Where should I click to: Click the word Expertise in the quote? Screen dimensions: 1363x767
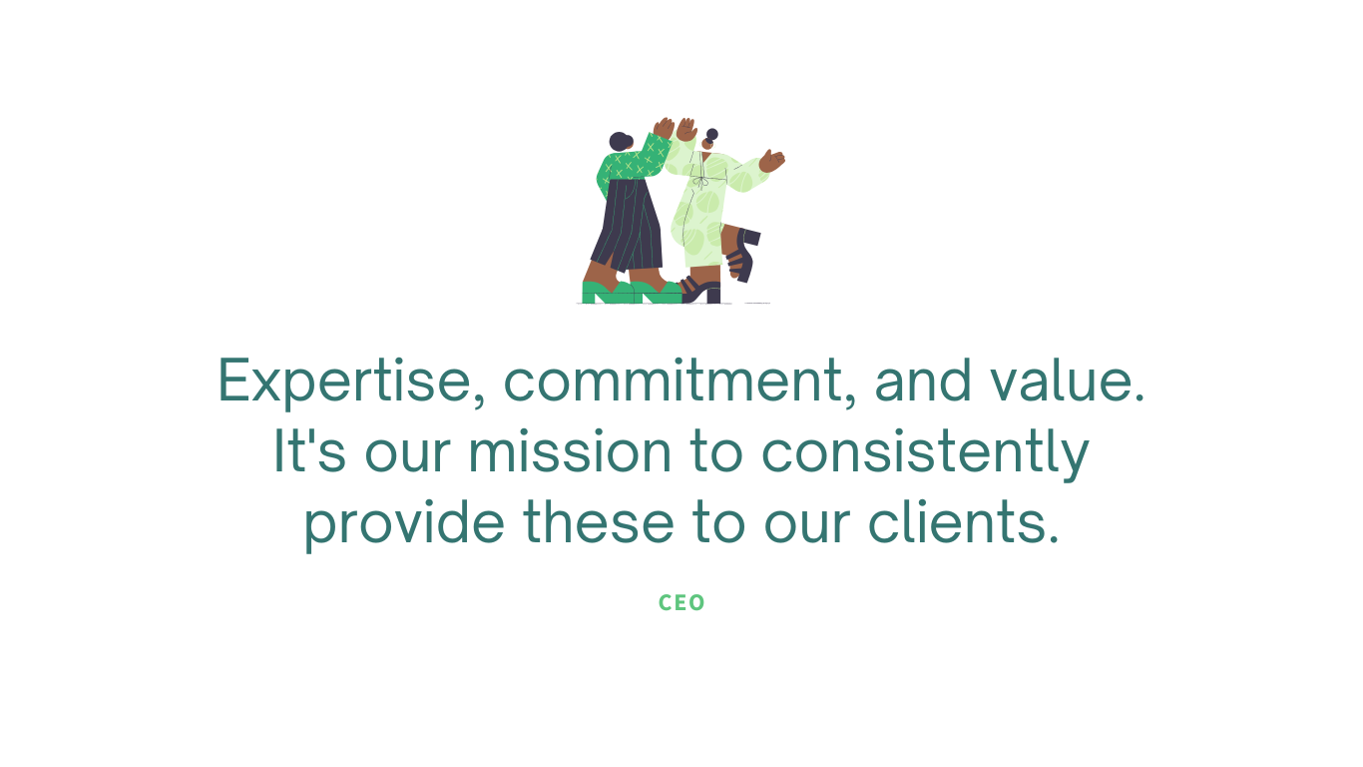[345, 382]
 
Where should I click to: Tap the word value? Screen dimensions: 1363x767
[1068, 381]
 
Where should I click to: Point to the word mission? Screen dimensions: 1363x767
[570, 451]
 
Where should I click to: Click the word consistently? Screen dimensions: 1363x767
[925, 454]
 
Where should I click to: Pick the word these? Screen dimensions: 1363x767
[598, 521]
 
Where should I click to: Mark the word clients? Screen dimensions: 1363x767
[963, 521]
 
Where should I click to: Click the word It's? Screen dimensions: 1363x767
[309, 450]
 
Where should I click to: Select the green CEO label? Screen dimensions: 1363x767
[681, 603]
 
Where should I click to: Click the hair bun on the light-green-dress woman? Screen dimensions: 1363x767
[711, 135]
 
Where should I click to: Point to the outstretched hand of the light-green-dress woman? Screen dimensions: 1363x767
[771, 161]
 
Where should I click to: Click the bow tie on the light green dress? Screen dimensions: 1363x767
[701, 181]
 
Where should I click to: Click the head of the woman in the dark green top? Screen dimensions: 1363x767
[621, 142]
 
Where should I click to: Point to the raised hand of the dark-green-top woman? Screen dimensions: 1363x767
[664, 128]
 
